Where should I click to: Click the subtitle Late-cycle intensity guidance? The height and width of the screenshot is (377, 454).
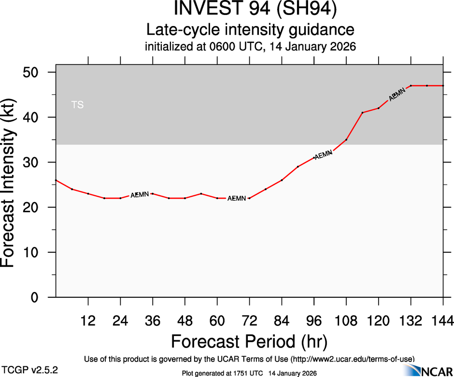point(250,30)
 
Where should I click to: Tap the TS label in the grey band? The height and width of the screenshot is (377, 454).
point(77,104)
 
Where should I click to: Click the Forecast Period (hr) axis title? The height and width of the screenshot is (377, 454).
point(249,341)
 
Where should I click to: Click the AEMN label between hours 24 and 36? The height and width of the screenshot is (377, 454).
point(140,195)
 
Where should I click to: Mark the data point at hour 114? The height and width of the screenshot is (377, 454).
point(362,113)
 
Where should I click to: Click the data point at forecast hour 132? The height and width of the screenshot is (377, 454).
point(411,86)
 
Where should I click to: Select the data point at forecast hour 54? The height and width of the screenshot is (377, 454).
point(201,194)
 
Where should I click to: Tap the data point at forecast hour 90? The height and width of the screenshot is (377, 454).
point(298,167)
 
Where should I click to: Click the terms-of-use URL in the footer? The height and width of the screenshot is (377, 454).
point(352,359)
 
